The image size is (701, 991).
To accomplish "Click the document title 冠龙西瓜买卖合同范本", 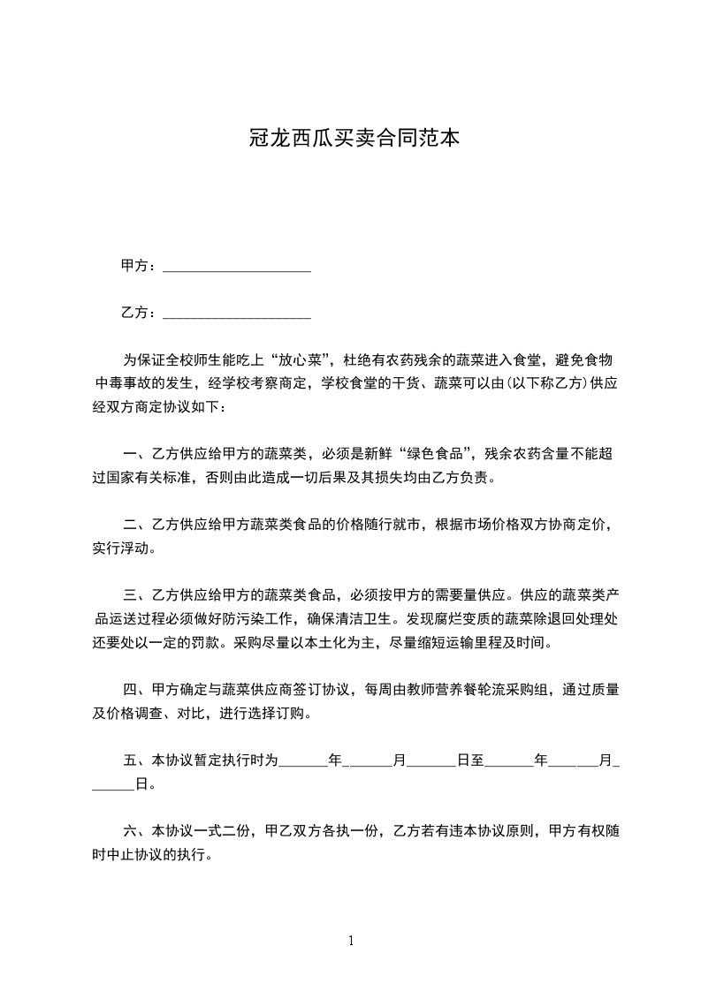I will click(350, 139).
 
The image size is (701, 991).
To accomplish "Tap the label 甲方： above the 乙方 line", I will click(140, 266).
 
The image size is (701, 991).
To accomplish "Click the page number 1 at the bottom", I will click(351, 941).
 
